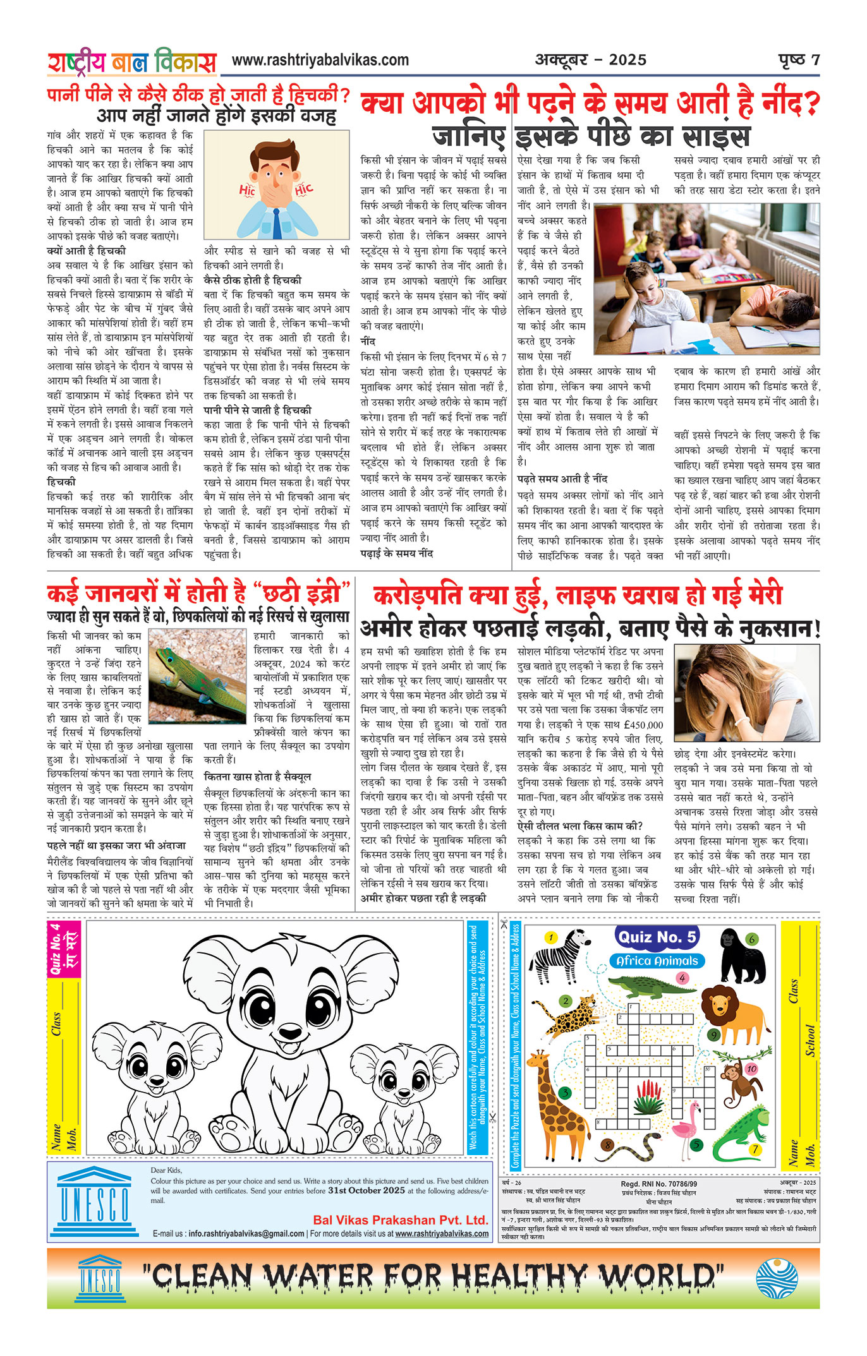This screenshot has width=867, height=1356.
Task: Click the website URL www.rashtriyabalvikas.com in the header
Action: pyautogui.click(x=320, y=61)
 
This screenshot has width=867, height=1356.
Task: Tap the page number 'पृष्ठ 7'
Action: pyautogui.click(x=799, y=60)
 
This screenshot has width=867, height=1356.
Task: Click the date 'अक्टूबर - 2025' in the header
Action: pyautogui.click(x=591, y=60)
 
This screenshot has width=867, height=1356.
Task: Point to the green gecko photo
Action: pyautogui.click(x=197, y=676)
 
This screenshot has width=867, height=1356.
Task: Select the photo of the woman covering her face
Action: pyautogui.click(x=746, y=692)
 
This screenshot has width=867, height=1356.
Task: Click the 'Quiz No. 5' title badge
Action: pyautogui.click(x=657, y=937)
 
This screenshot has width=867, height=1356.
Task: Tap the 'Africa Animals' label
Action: pyautogui.click(x=657, y=961)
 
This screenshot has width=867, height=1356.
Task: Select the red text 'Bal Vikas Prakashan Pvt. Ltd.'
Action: pyautogui.click(x=401, y=1220)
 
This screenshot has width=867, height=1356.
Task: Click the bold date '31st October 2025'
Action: pyautogui.click(x=367, y=1191)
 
